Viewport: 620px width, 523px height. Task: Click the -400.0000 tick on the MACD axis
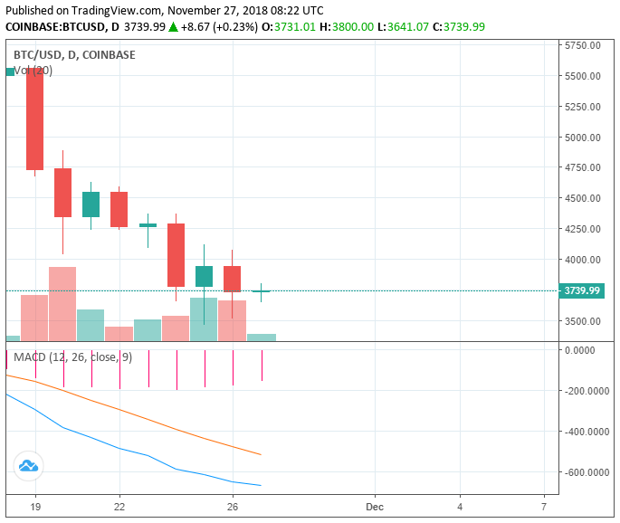pyautogui.click(x=586, y=432)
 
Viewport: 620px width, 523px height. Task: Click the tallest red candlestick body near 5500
pyautogui.click(x=35, y=118)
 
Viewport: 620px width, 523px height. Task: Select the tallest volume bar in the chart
pyautogui.click(x=62, y=304)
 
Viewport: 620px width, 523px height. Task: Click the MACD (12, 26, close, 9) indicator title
pyautogui.click(x=72, y=357)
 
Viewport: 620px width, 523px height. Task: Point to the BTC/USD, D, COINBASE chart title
pyautogui.click(x=74, y=55)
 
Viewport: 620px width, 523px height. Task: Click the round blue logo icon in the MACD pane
pyautogui.click(x=28, y=466)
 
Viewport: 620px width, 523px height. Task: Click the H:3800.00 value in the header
pyautogui.click(x=348, y=27)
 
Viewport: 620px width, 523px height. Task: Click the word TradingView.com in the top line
pyautogui.click(x=122, y=10)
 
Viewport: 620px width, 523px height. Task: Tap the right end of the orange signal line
pyautogui.click(x=261, y=454)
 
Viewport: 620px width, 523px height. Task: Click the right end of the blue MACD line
pyautogui.click(x=261, y=486)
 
